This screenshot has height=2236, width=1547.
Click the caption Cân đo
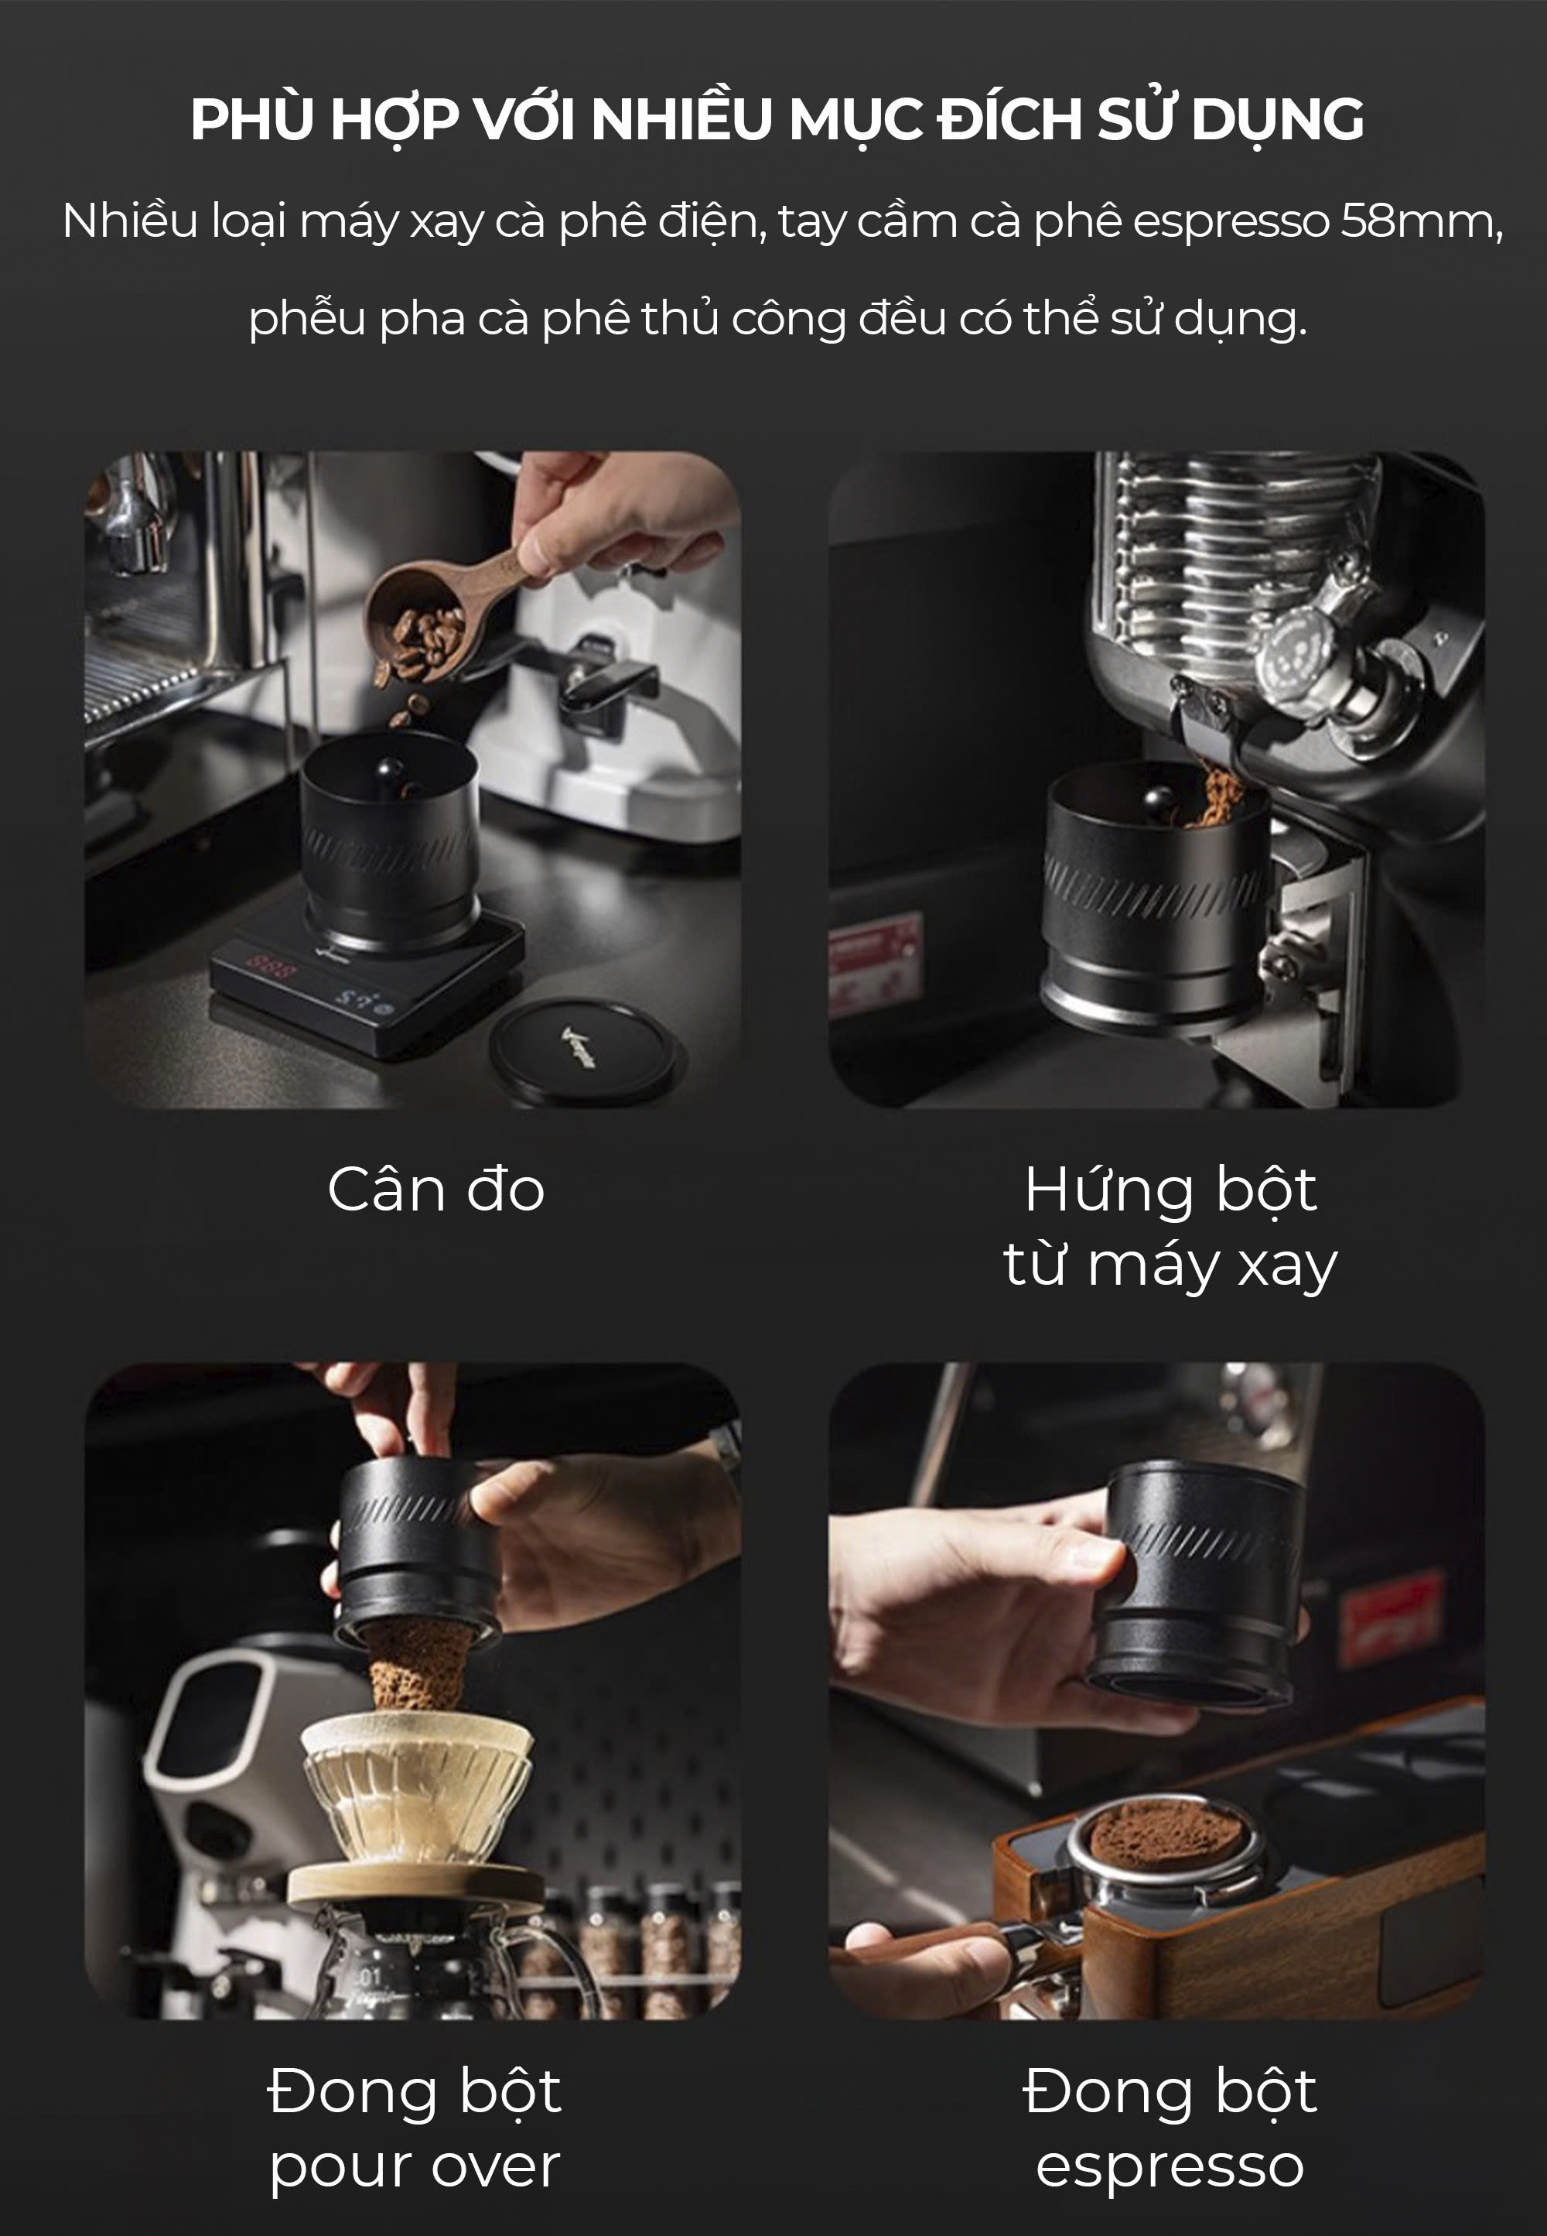click(x=436, y=1189)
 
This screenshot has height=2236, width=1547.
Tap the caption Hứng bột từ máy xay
click(x=1170, y=1227)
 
